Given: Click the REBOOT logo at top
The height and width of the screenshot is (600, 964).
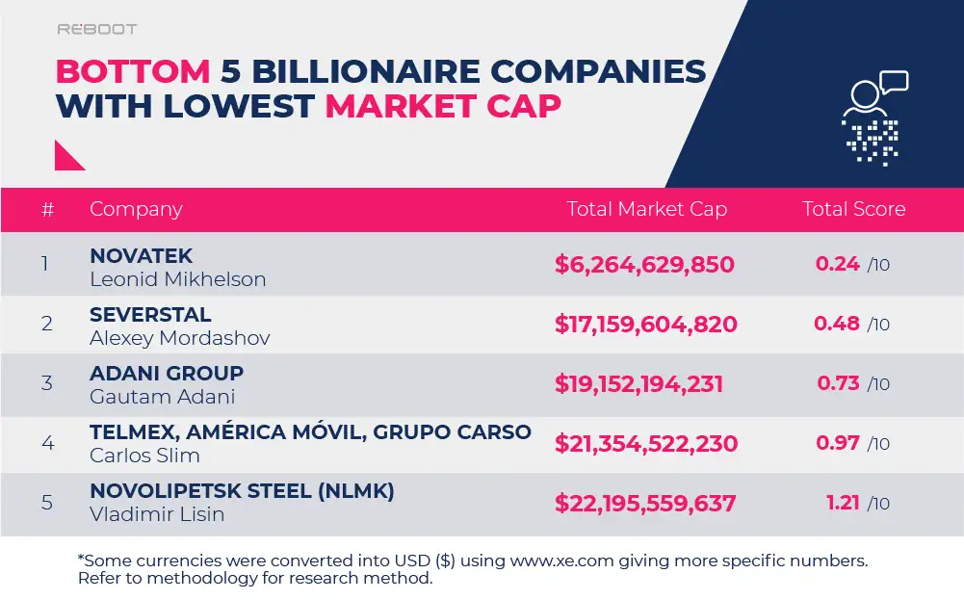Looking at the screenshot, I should (96, 30).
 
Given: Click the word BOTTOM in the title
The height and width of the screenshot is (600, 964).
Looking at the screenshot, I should (133, 71).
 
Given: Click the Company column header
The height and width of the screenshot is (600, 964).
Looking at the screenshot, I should (136, 209).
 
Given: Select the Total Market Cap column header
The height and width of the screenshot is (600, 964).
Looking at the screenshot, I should (646, 209).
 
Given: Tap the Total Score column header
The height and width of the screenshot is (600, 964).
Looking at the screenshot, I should (853, 209).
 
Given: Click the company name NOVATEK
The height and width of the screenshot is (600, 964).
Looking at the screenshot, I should (142, 256).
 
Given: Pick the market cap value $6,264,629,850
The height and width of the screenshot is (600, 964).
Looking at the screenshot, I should (644, 265).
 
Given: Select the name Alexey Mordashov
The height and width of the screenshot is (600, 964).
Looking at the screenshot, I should (179, 338).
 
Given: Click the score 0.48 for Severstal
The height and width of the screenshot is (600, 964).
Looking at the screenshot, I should (837, 324).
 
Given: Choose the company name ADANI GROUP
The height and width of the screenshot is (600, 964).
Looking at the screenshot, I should (167, 374).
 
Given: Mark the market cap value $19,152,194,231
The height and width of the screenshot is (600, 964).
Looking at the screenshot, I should (638, 384).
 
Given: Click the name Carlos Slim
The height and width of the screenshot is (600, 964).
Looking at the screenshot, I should (144, 456).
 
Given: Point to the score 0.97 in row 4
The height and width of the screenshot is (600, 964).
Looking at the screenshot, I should (837, 443).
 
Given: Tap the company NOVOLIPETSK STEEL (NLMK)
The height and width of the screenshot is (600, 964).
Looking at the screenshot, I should (242, 491).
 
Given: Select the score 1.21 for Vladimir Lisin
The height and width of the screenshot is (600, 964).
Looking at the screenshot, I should (843, 503).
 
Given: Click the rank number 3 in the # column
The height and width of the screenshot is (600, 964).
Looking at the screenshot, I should (46, 383).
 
